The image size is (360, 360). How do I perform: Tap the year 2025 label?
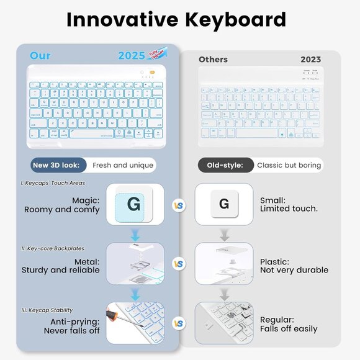point(131,56)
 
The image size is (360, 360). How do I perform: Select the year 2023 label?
point(310,60)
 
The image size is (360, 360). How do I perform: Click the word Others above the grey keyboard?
point(213,60)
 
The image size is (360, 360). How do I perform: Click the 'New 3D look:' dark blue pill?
point(58,165)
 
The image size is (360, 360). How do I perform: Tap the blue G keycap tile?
point(135,204)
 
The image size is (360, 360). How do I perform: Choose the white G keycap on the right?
point(224,204)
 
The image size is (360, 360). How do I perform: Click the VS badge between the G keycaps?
point(179,205)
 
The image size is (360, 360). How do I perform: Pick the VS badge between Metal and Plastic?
point(179,264)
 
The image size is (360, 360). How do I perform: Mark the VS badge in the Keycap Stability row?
point(179,323)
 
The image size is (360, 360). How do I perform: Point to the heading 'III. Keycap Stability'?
point(47,310)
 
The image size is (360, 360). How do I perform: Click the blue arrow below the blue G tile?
point(135,235)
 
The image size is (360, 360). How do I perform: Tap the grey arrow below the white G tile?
point(224,235)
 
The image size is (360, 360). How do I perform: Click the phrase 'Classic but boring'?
point(289,165)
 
